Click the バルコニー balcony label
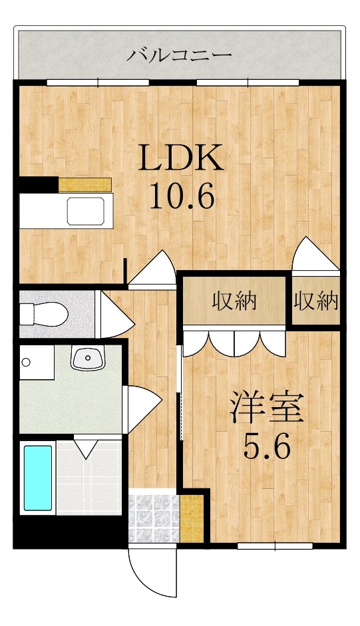[179, 55]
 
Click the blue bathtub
[38, 478]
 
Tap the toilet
[43, 314]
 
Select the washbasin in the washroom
[88, 358]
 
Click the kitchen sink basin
[85, 211]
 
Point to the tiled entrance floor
[154, 519]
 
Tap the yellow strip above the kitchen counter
[85, 185]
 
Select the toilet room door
[116, 315]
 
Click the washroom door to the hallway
[144, 409]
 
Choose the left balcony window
[98, 82]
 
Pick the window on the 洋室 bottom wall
[275, 546]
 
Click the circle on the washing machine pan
[27, 363]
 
